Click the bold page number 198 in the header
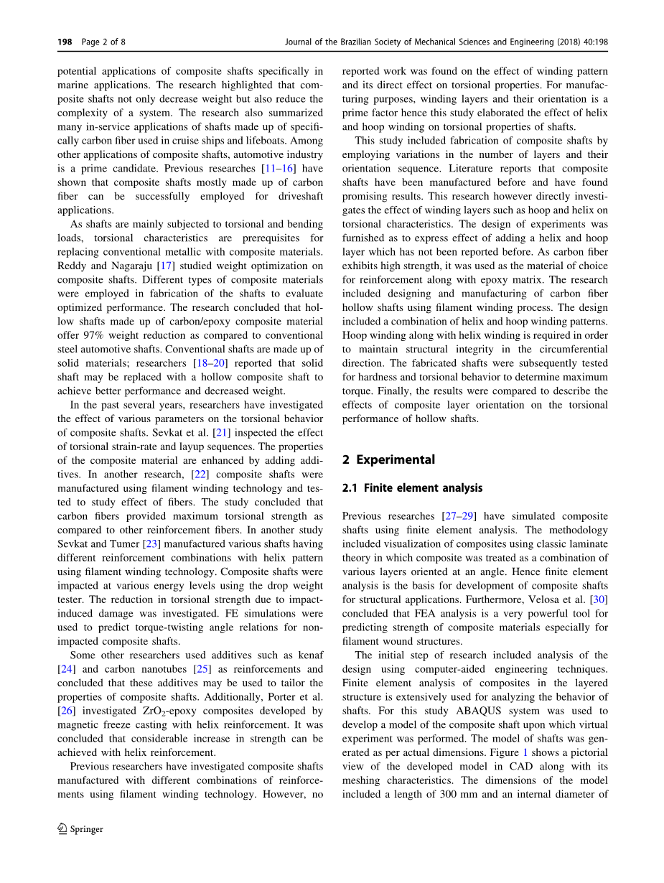pyautogui.click(x=65, y=42)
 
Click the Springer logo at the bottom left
pyautogui.click(x=80, y=829)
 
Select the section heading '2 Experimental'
pyautogui.click(x=388, y=459)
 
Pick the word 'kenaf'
pyautogui.click(x=309, y=655)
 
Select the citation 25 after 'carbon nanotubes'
pyautogui.click(x=203, y=669)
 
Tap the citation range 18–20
pyautogui.click(x=211, y=363)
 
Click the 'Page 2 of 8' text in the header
pyautogui.click(x=103, y=42)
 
